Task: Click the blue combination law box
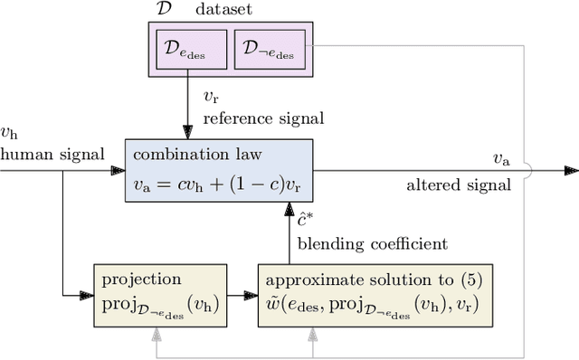pos(219,169)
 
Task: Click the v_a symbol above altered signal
pos(500,158)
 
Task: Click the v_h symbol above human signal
pos(9,135)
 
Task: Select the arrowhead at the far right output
pos(571,169)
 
